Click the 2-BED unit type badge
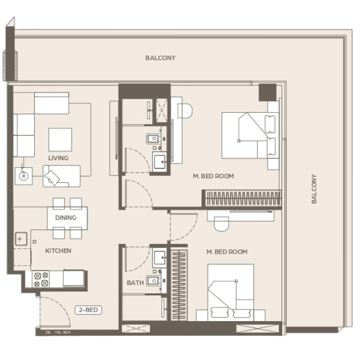[88, 310]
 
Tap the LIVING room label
[58, 158]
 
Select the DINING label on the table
[66, 218]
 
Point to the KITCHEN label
[58, 251]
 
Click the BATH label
[135, 283]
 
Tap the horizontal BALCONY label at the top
[160, 58]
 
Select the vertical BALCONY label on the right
[314, 189]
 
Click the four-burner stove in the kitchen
[41, 279]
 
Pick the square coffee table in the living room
[60, 139]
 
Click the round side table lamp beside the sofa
[24, 176]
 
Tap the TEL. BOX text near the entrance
[63, 333]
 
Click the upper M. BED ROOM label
[214, 176]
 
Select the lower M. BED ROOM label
[227, 252]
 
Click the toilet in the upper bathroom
[153, 139]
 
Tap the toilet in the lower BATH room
[153, 280]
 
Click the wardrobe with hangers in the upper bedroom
[243, 198]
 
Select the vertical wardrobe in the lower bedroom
[179, 285]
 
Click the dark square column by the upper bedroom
[268, 92]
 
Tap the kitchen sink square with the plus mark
[21, 239]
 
